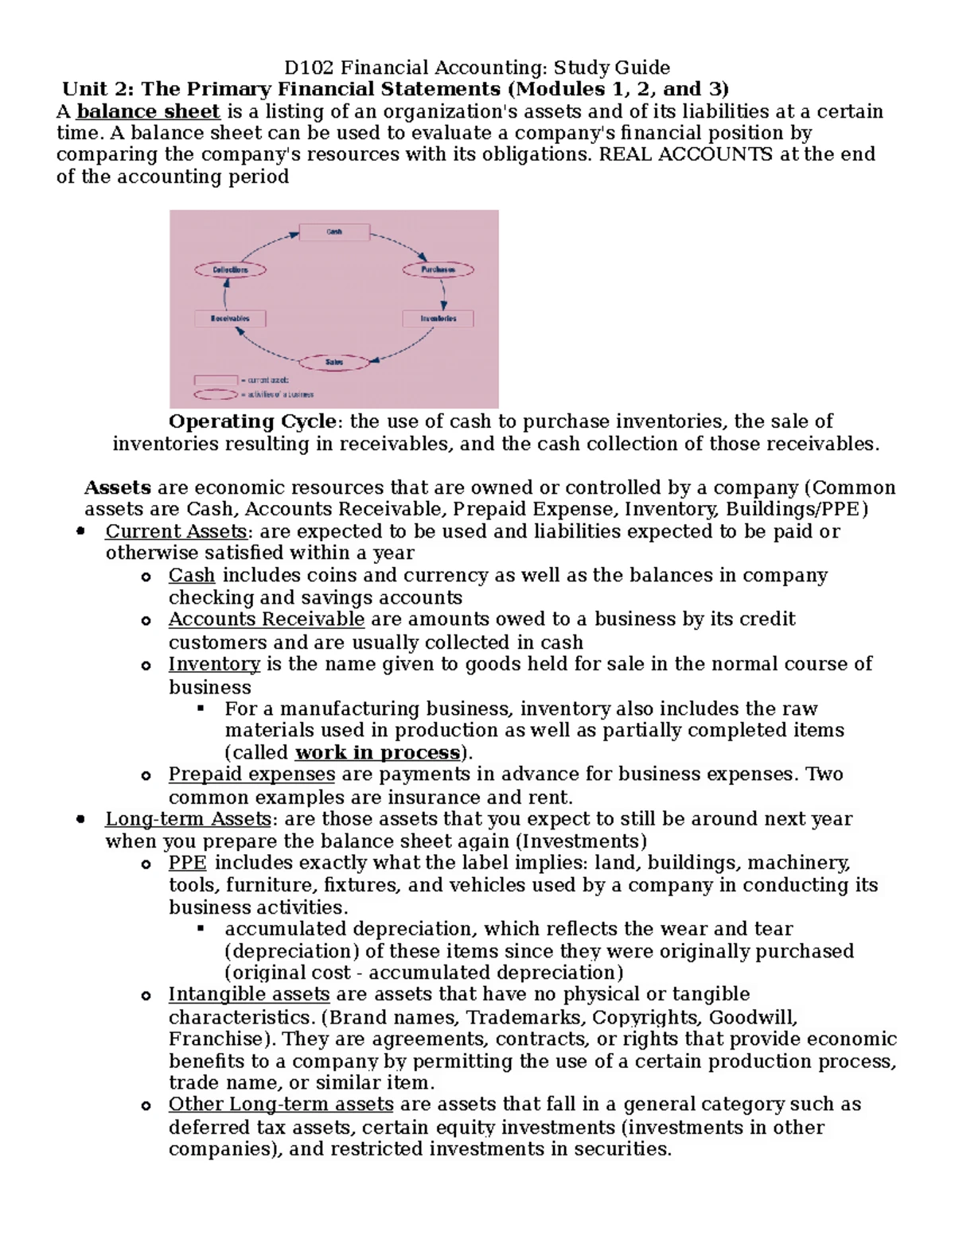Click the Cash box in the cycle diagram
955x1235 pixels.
(334, 232)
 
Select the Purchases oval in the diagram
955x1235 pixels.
(438, 270)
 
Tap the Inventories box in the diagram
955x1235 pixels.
(439, 319)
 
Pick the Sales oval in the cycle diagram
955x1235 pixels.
(334, 363)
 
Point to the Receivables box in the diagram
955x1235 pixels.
(230, 319)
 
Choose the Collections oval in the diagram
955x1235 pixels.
(230, 270)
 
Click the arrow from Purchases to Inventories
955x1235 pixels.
(443, 294)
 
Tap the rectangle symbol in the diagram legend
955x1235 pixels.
(216, 380)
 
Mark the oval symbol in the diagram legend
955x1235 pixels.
(216, 394)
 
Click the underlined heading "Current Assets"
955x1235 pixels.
(176, 531)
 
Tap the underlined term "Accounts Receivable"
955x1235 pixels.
(266, 619)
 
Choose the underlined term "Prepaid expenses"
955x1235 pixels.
(251, 775)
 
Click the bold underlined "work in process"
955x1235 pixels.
(377, 753)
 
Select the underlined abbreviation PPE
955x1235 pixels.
(187, 864)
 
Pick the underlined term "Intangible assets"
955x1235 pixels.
(248, 995)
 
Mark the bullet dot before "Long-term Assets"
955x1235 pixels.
(80, 819)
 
